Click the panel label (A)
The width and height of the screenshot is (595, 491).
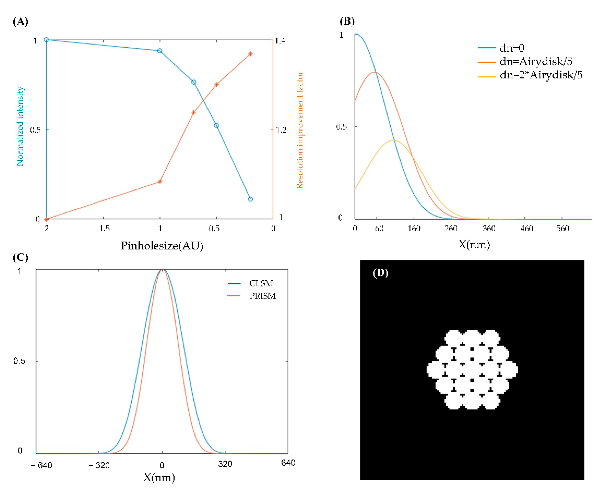point(20,21)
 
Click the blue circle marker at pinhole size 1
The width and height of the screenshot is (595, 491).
point(160,51)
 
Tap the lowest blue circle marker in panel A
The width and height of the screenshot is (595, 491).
point(250,199)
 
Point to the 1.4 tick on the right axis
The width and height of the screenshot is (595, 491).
point(280,41)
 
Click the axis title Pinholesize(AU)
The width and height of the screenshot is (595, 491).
point(162,245)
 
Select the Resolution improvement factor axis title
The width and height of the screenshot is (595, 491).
point(300,130)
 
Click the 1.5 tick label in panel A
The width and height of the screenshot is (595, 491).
point(104,228)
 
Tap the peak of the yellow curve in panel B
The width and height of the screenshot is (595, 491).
point(394,140)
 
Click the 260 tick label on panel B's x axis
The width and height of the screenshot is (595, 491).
point(451,228)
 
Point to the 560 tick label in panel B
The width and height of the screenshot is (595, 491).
point(562,228)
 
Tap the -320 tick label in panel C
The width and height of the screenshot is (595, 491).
point(99,465)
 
